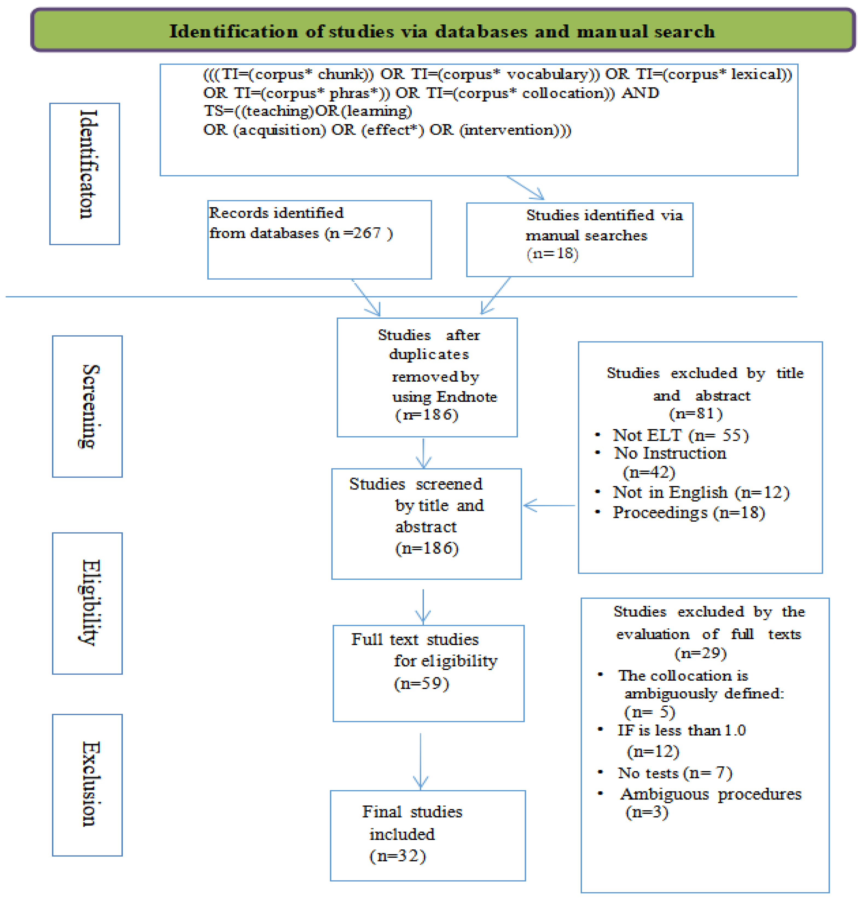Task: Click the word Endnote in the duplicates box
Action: [466, 396]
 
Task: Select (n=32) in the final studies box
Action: [397, 855]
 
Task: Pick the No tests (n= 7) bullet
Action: [674, 773]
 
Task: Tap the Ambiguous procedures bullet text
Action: [710, 794]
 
